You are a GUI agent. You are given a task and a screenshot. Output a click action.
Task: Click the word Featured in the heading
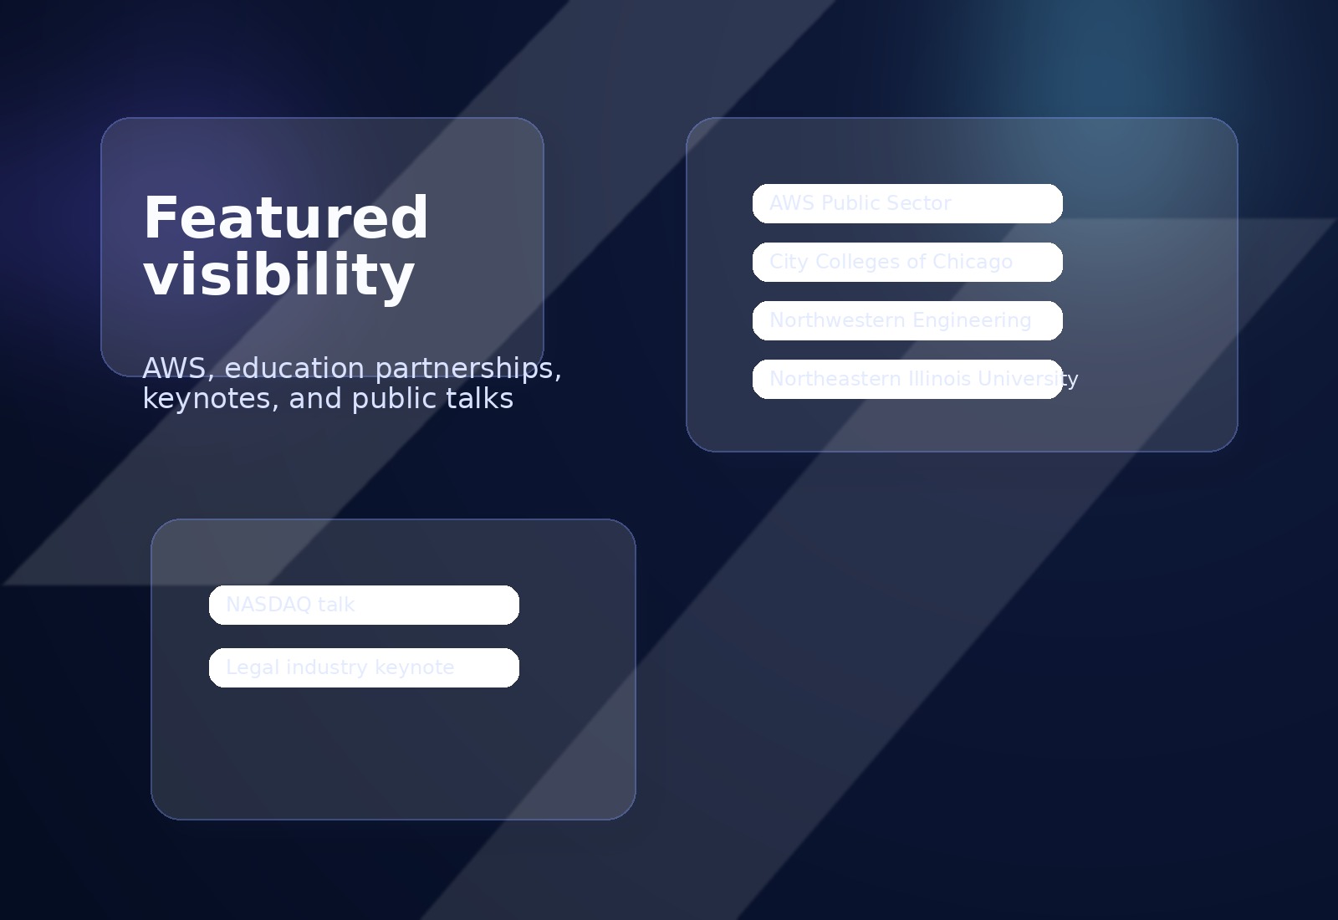click(286, 218)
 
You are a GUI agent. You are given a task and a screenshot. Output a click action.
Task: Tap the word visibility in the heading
click(279, 275)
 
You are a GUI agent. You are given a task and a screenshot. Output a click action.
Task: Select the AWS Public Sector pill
click(907, 203)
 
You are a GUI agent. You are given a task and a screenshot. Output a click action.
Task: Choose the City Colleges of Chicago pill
click(907, 262)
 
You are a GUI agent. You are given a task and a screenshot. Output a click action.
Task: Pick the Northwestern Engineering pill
click(907, 320)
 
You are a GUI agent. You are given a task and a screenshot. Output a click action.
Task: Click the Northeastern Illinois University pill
click(907, 379)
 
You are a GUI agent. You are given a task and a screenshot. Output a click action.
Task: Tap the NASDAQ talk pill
click(364, 605)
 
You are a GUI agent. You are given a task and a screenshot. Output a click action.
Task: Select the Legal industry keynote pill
click(364, 667)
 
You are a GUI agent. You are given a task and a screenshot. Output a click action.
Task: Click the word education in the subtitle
click(294, 368)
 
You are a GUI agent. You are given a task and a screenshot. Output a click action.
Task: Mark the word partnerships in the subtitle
click(467, 368)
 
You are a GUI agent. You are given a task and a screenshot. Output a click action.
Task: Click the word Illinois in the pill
click(942, 379)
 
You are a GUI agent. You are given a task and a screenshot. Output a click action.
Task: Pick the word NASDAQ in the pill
click(257, 605)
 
